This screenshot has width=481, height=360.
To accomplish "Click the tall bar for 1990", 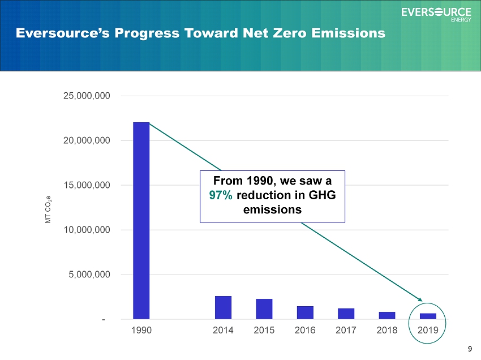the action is point(141,221).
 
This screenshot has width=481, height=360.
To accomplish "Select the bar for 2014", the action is point(223,307).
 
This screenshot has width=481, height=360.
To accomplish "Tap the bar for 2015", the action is point(264,309).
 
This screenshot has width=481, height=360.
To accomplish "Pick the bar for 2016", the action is point(305,313).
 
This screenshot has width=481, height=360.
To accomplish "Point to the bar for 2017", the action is point(346,314).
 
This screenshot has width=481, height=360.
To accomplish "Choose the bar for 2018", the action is point(387,315).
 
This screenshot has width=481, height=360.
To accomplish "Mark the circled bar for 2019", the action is point(428,316).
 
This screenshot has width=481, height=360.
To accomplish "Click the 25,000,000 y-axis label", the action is point(87,96).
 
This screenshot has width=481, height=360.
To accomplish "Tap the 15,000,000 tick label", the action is point(87,185).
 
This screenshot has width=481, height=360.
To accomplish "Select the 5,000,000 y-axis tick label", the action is point(89,275).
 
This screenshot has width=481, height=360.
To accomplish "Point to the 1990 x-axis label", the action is point(141,330).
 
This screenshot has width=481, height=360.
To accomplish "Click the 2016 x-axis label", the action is point(305,330).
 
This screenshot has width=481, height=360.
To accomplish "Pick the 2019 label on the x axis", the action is point(428,330).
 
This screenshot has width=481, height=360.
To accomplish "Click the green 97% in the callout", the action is point(221,195).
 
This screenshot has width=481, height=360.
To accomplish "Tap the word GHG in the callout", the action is point(322,195).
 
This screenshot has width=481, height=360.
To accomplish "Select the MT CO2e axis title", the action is point(49,209).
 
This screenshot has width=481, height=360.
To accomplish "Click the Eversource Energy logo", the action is point(436,14).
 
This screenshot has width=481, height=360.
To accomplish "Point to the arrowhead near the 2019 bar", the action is point(420,299).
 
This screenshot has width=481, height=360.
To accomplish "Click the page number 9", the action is point(470,349).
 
